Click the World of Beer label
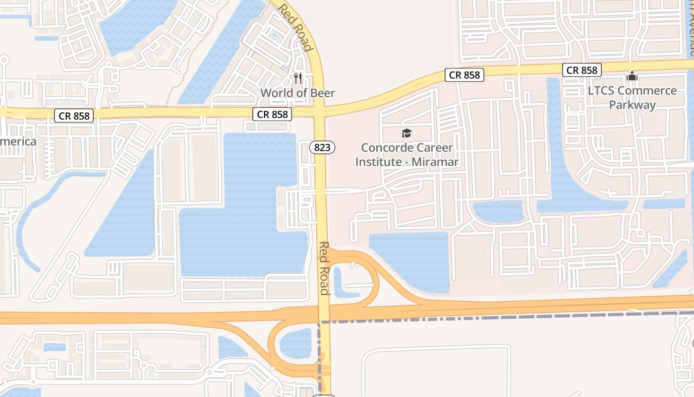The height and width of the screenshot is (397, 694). pyautogui.click(x=297, y=93)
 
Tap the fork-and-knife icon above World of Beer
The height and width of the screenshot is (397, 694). pyautogui.click(x=297, y=78)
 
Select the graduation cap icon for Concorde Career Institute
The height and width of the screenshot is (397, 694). pyautogui.click(x=406, y=133)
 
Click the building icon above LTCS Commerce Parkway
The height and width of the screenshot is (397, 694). pyautogui.click(x=632, y=76)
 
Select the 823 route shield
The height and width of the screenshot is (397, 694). pyautogui.click(x=322, y=147)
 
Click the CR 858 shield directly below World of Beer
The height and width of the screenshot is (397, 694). pyautogui.click(x=272, y=114)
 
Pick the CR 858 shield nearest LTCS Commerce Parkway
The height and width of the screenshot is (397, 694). pyautogui.click(x=582, y=70)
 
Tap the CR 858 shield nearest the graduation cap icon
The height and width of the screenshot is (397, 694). pyautogui.click(x=464, y=75)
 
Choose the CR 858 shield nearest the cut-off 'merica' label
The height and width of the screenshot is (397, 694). pyautogui.click(x=74, y=116)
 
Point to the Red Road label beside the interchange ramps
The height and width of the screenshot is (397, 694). pyautogui.click(x=325, y=268)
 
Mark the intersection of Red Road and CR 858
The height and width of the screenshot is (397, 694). pyautogui.click(x=320, y=112)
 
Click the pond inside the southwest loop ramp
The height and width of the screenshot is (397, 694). pyautogui.click(x=295, y=342)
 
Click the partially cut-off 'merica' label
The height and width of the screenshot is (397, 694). pyautogui.click(x=18, y=141)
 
